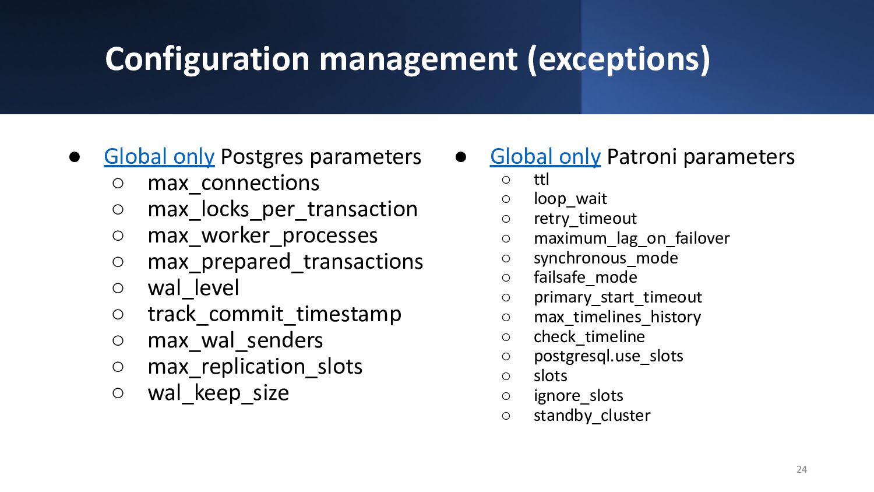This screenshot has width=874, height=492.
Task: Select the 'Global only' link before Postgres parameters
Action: coord(159,157)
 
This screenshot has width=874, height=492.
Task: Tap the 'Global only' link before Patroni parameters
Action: coord(545,157)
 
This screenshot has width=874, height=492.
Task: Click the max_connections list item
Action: coord(233,182)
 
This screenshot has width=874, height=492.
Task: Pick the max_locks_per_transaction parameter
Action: coord(283,209)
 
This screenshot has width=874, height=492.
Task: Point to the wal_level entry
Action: coord(193,288)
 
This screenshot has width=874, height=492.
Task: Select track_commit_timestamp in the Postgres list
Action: coord(274,314)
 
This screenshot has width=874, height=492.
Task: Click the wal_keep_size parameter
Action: coord(218,393)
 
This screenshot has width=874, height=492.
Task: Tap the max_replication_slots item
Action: coord(255,367)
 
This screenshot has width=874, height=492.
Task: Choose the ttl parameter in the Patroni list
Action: coord(541,179)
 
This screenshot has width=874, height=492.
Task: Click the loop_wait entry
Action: coord(570,199)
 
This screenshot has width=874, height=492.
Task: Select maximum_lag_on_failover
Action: coord(631,238)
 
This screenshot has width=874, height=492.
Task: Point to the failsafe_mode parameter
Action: coord(585,277)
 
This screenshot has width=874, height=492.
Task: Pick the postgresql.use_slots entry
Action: coord(608,356)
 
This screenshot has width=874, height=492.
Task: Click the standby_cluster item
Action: coord(592,416)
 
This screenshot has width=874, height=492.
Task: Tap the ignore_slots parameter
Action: coord(578,396)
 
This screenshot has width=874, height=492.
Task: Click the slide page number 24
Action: coord(801,469)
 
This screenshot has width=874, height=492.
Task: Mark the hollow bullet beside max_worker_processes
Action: coord(118,236)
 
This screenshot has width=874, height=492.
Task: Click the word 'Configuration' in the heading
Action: coord(207,59)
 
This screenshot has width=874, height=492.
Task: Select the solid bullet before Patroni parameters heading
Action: coord(461,157)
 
